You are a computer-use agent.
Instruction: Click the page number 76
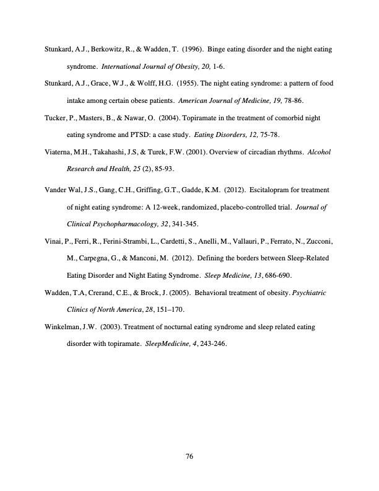click(189, 458)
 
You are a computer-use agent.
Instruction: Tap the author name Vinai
click(53, 241)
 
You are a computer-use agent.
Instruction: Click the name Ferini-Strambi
click(127, 241)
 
